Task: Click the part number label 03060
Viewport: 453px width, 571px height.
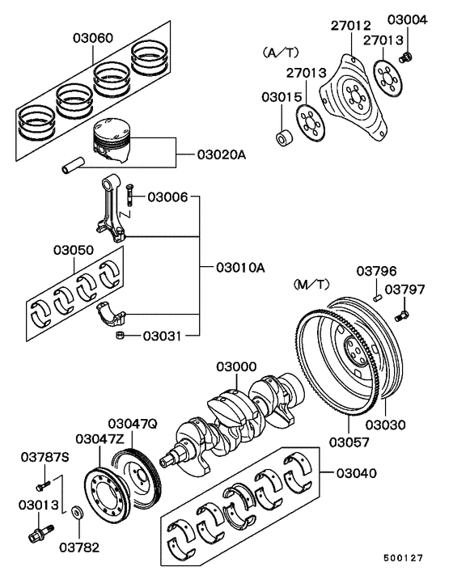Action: [93, 38]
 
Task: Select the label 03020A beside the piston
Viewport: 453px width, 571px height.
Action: [222, 154]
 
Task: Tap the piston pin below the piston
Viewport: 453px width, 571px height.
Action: [73, 165]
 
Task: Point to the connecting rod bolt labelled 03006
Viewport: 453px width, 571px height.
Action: [129, 195]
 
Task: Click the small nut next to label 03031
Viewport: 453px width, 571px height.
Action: [120, 335]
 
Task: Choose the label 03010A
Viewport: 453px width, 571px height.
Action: [240, 268]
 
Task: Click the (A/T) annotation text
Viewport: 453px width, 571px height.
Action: [281, 53]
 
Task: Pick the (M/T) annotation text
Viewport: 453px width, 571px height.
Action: [311, 285]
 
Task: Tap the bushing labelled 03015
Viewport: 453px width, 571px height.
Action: [283, 137]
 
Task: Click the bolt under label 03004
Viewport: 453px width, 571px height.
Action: [405, 57]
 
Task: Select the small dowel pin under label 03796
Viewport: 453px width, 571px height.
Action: [377, 298]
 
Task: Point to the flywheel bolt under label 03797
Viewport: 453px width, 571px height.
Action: [402, 315]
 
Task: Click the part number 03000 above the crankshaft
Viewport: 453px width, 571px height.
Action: [236, 366]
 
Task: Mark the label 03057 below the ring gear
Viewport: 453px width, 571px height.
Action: [349, 442]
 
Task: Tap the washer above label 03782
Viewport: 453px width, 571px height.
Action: [77, 513]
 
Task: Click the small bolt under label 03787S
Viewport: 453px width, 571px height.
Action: [43, 486]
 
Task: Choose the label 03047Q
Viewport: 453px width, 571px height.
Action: [133, 424]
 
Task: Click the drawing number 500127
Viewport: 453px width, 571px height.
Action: [403, 558]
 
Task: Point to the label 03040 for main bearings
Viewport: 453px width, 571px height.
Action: [357, 473]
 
